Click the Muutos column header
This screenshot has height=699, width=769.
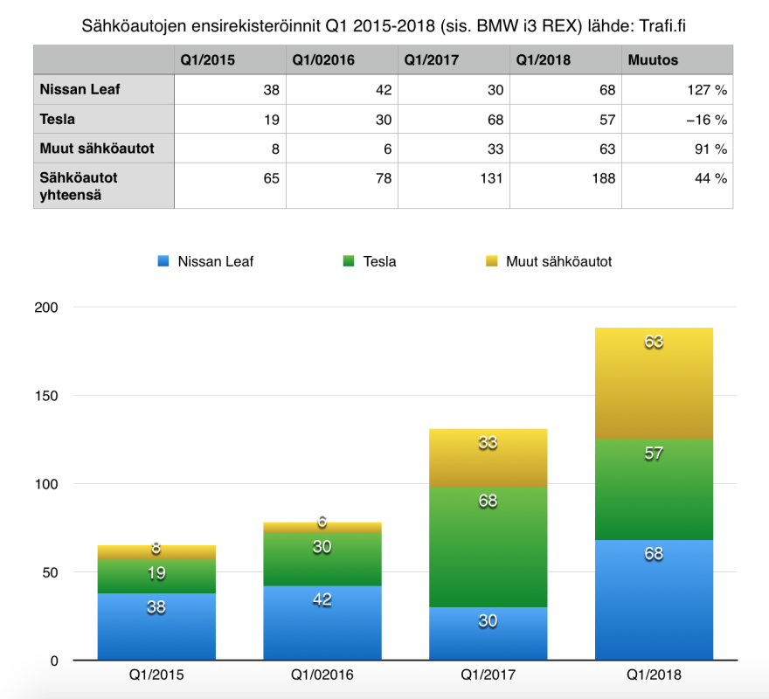(652, 60)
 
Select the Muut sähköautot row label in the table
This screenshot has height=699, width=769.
(96, 149)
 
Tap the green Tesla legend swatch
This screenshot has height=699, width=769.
(350, 260)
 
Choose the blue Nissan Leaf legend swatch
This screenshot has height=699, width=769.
(163, 260)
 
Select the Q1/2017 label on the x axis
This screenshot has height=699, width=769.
(488, 675)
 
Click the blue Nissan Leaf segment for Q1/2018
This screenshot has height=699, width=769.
(654, 599)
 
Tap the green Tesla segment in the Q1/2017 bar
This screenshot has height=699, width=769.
(488, 547)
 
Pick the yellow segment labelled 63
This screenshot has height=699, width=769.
(654, 383)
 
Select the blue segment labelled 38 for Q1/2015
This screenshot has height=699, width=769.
(156, 626)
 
